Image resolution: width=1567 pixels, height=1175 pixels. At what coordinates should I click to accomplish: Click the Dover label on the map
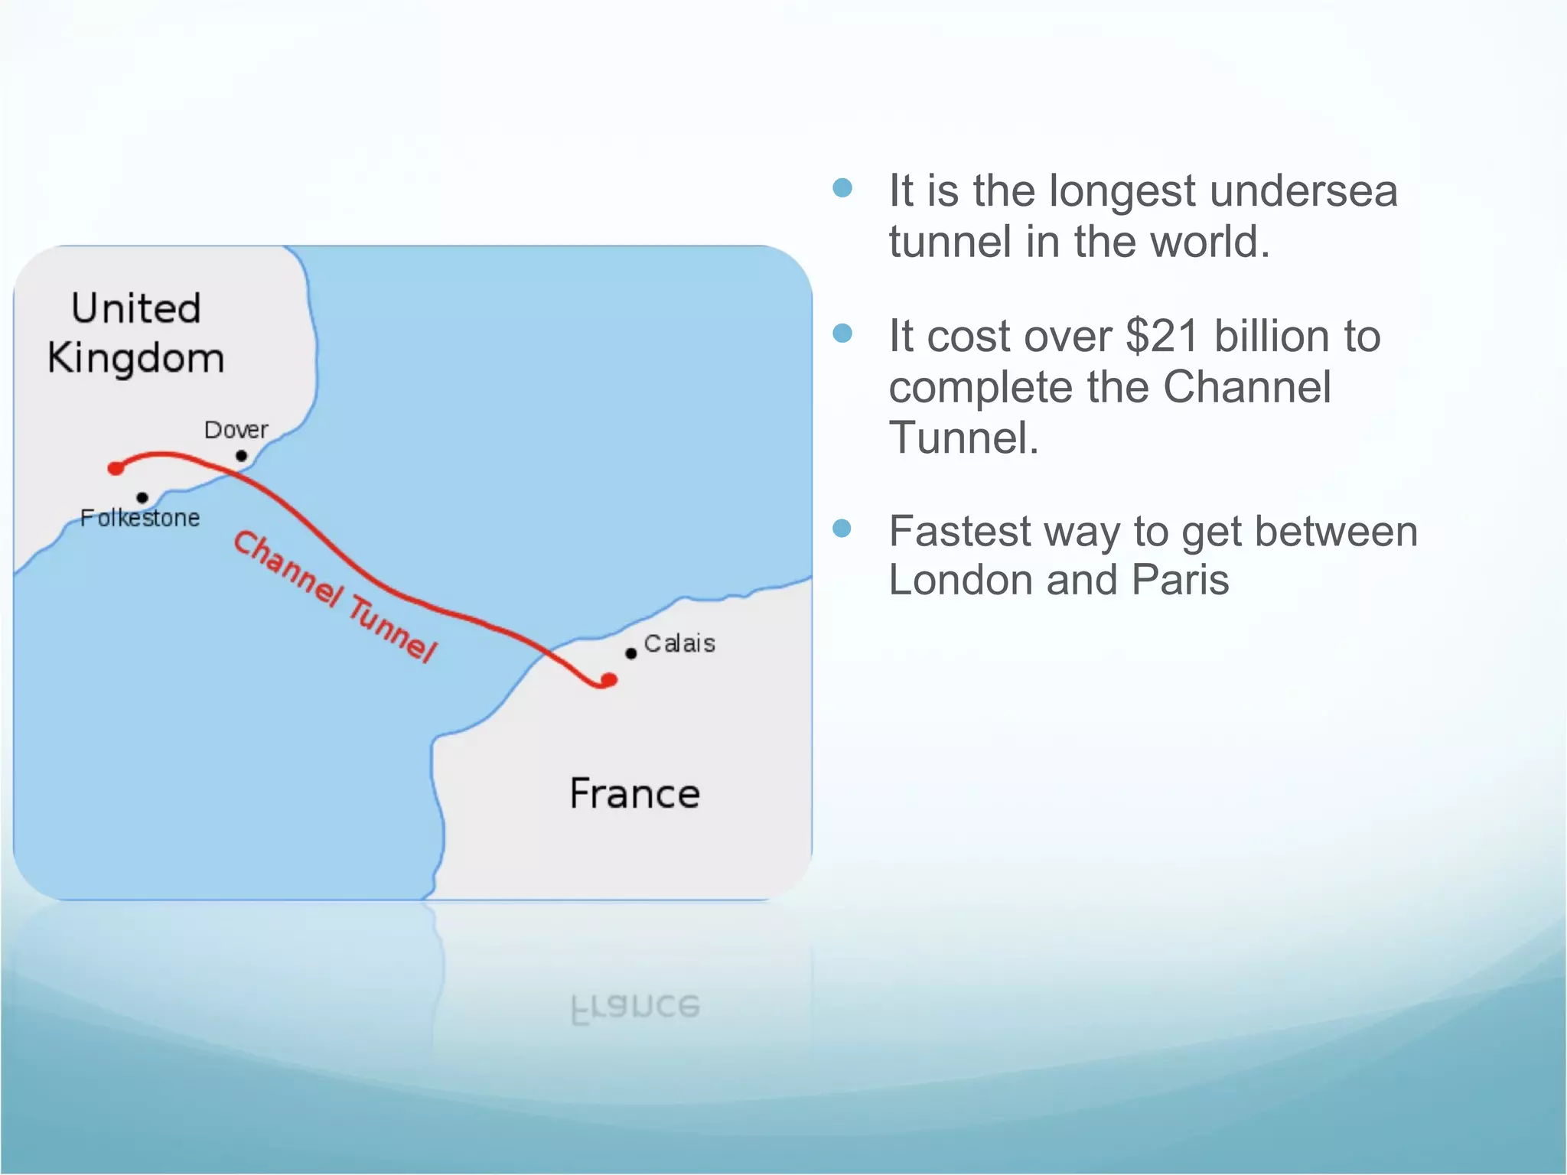(x=236, y=430)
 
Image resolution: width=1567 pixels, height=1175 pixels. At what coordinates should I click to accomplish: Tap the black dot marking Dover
(x=241, y=456)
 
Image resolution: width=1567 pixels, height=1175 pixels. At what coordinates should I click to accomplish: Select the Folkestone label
(x=140, y=518)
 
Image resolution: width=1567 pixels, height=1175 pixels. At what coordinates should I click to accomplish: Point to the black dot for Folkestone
(x=142, y=497)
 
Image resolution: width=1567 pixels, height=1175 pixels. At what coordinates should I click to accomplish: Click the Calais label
(x=679, y=643)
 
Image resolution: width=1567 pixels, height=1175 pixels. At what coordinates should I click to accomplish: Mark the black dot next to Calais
(x=630, y=653)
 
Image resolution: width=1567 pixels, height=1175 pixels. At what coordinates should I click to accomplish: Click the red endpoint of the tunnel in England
(x=116, y=468)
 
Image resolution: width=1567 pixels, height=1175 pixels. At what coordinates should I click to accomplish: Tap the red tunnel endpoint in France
(x=609, y=679)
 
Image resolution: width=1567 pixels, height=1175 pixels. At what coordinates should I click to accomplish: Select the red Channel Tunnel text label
(x=334, y=596)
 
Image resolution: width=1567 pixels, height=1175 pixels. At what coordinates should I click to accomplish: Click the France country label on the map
(x=634, y=793)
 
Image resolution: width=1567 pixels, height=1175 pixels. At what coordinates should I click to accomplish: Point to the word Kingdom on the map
(x=136, y=359)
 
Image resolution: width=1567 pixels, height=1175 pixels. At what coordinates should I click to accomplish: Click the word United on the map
(x=136, y=308)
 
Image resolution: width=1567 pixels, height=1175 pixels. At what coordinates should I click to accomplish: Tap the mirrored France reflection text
(x=635, y=1008)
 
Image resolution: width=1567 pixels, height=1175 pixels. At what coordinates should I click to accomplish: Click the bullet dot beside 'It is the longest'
(x=842, y=188)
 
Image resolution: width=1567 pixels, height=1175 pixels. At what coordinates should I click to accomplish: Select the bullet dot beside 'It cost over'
(x=842, y=334)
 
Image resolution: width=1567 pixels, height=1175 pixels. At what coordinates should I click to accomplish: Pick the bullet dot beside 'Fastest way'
(x=842, y=529)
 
